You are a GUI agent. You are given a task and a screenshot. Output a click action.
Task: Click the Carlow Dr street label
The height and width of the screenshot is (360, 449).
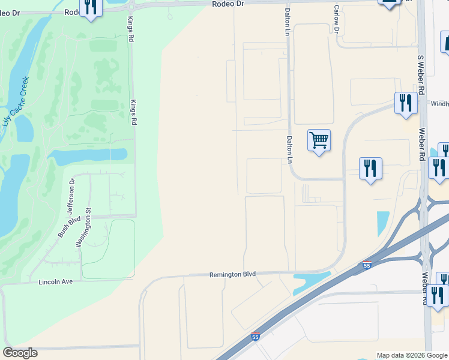pyautogui.click(x=337, y=21)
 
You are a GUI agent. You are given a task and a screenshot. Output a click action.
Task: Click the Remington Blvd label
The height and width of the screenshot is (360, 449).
pyautogui.click(x=232, y=274)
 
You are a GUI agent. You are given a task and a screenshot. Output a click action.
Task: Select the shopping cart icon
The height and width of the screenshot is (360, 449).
pyautogui.click(x=319, y=140)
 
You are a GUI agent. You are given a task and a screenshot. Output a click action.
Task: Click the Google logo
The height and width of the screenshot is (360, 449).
pyautogui.click(x=20, y=353)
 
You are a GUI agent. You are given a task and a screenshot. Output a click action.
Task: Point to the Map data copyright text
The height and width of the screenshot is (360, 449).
pyautogui.click(x=412, y=355)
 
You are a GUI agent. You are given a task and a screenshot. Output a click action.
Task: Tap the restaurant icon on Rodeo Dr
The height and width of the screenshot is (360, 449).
pyautogui.click(x=91, y=7)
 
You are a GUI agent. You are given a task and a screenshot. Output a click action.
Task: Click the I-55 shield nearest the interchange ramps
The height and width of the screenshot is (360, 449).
pyautogui.click(x=367, y=265)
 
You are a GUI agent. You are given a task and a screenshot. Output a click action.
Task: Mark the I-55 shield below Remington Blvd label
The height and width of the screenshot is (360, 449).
pyautogui.click(x=256, y=337)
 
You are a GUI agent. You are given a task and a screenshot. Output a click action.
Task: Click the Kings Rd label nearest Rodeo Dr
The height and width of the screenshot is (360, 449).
pyautogui.click(x=130, y=29)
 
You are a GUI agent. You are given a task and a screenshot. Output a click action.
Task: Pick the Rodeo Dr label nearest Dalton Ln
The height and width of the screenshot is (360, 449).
pyautogui.click(x=229, y=4)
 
